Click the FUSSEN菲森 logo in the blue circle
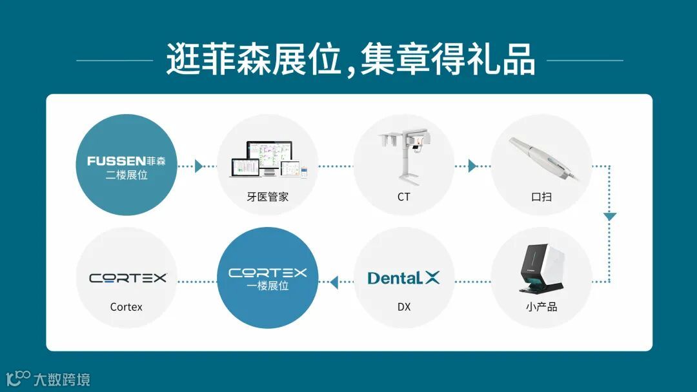coord(126,161)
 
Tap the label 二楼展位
coord(126,174)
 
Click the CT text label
coord(403,197)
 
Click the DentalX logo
coord(403,278)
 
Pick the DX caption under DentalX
coord(403,307)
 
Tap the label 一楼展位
coord(268,286)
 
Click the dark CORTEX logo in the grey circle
coord(128,278)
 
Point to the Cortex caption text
coord(126,307)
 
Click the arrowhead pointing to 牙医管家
coord(199,166)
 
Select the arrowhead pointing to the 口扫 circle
coord(472,166)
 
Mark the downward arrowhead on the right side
coord(610,217)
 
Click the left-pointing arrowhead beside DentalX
coord(334,282)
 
